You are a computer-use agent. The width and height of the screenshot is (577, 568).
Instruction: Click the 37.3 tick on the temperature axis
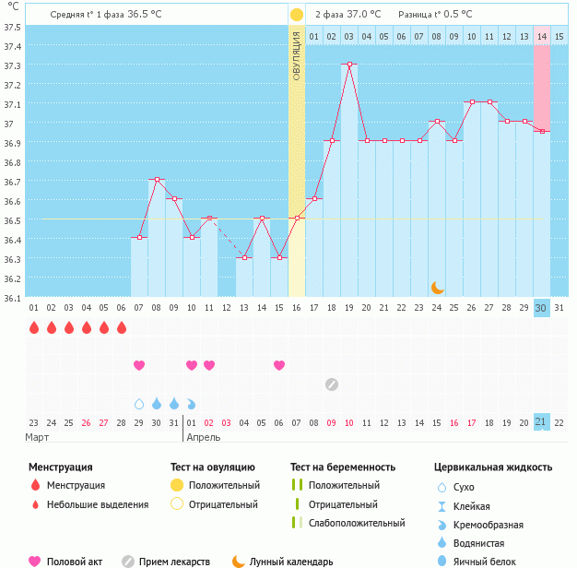click(x=12, y=65)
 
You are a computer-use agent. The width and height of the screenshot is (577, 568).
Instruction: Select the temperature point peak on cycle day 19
click(x=348, y=65)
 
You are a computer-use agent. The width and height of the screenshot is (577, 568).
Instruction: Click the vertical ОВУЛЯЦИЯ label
click(x=296, y=55)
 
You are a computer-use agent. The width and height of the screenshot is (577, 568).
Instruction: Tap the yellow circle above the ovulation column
click(x=296, y=15)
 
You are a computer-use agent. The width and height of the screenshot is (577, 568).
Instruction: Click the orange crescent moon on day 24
click(x=437, y=287)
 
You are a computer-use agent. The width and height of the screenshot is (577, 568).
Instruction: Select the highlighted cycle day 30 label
click(x=541, y=307)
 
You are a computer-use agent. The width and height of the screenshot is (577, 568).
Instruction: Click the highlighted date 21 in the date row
click(x=541, y=421)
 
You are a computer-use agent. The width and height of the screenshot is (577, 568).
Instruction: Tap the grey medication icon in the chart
click(x=332, y=384)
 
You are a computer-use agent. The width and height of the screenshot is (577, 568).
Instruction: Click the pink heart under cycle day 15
click(x=279, y=365)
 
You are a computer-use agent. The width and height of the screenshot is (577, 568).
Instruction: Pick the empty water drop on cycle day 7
click(x=139, y=403)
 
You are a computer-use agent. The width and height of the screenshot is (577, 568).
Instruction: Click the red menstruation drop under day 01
click(x=34, y=327)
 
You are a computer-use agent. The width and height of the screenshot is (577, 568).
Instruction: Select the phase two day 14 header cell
click(x=541, y=36)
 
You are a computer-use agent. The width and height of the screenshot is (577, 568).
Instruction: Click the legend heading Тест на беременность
click(x=342, y=467)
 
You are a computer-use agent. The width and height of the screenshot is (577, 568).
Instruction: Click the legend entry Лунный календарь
click(x=290, y=562)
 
